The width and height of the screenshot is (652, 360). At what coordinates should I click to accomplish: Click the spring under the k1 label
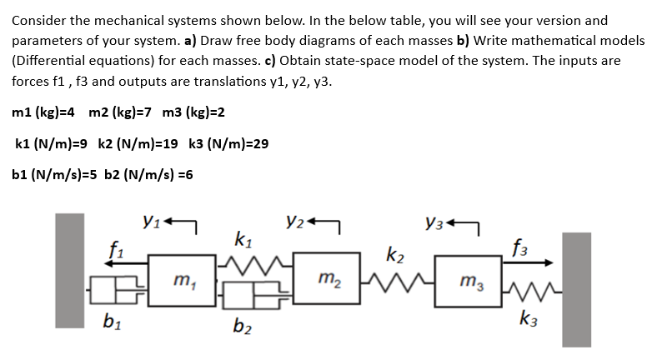[249, 266]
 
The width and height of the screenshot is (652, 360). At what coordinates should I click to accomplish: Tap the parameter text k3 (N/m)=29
[224, 143]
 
